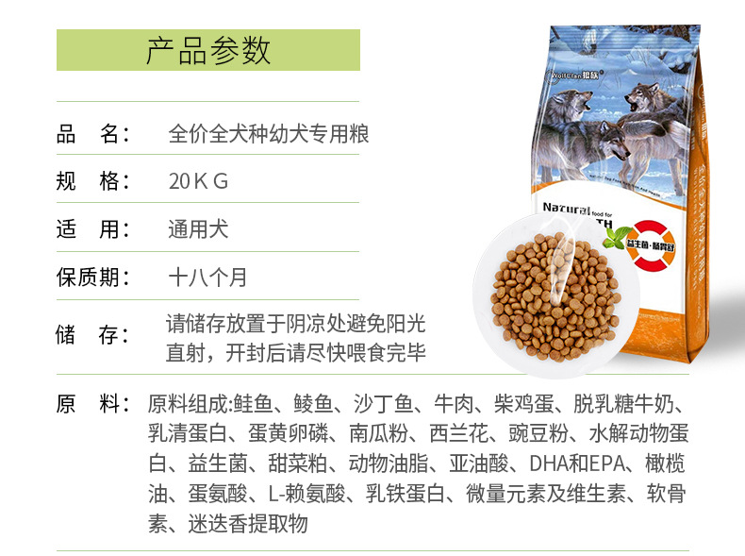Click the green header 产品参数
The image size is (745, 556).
pos(207,50)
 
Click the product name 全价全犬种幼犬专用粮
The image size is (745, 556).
pos(268,134)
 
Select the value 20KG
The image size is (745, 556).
pos(198,181)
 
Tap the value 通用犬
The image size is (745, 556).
pos(198,229)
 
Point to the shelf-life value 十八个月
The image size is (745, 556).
pos(207,278)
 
